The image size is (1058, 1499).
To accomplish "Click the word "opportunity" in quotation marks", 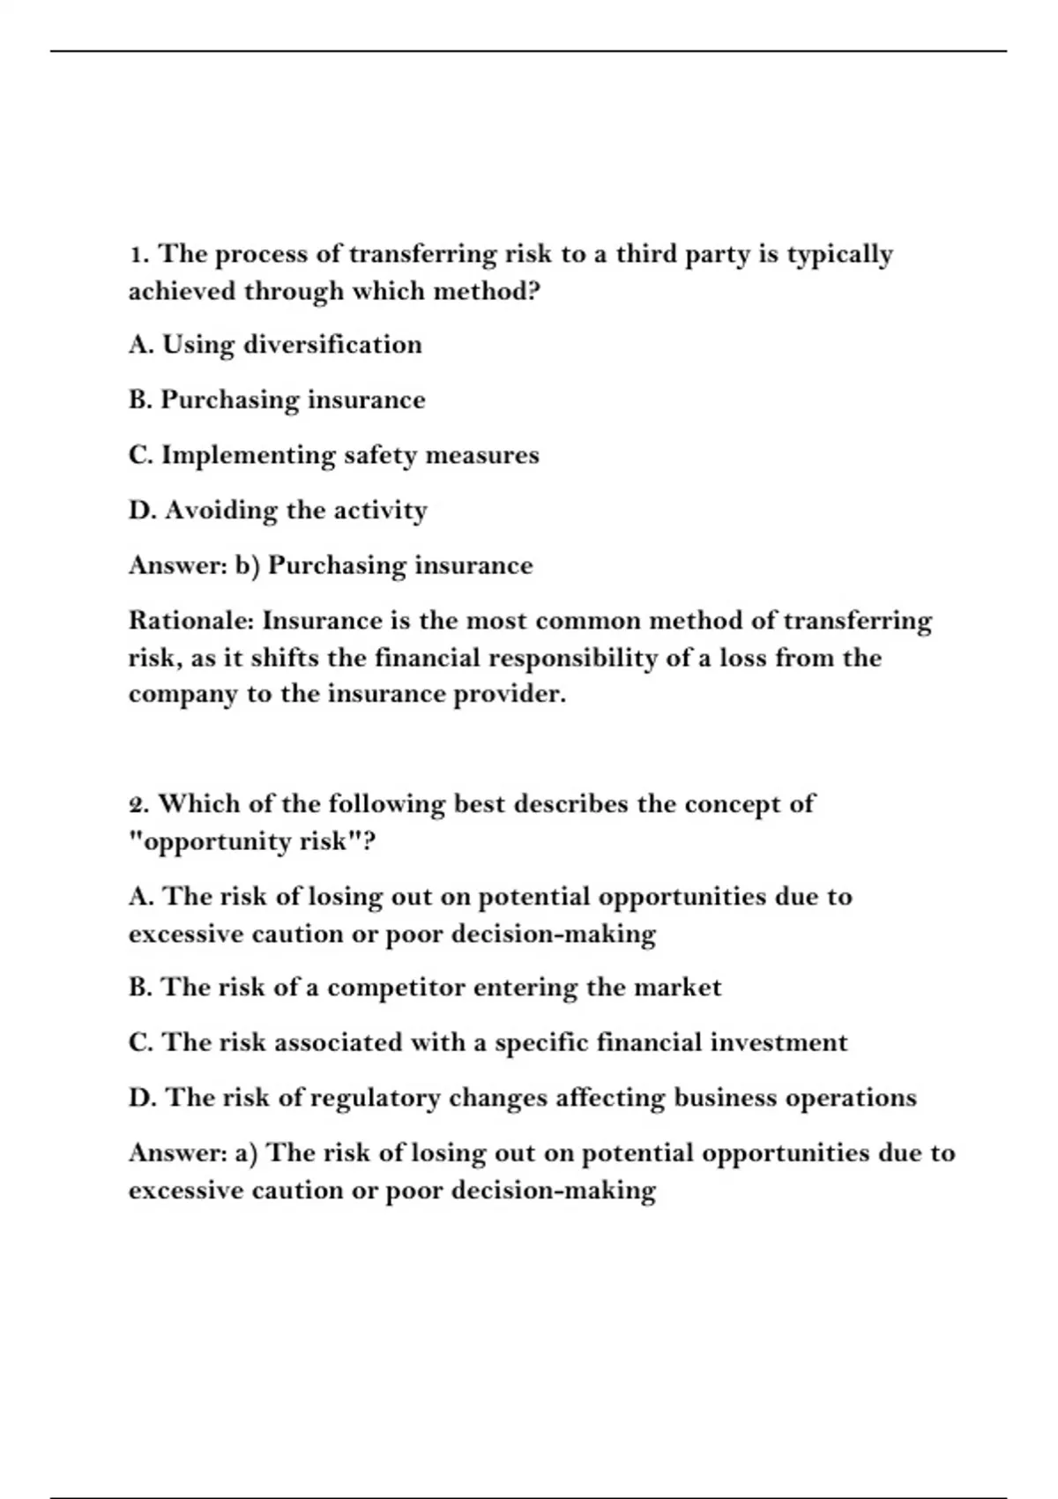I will click(211, 842).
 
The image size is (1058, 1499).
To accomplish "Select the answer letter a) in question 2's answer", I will click(246, 1153).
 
